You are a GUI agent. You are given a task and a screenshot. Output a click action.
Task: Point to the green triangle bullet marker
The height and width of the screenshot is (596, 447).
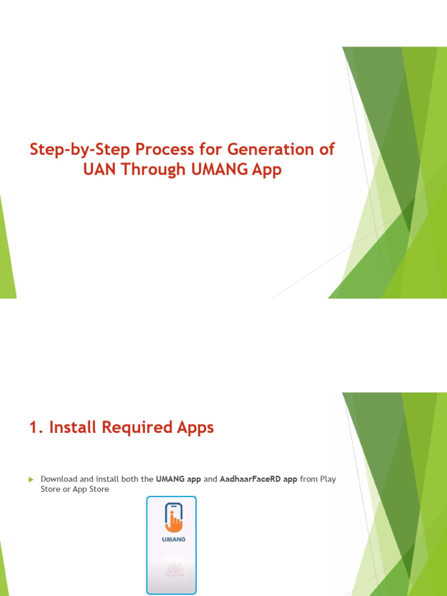tap(31, 479)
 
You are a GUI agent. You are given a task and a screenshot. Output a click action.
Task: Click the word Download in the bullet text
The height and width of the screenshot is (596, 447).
tap(59, 479)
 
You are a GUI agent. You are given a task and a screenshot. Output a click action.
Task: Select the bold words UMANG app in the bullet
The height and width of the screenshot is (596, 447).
tap(178, 479)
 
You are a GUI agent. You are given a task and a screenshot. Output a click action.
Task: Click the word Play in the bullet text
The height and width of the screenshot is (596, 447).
tap(328, 479)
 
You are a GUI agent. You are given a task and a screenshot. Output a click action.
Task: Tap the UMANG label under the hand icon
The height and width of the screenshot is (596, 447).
tap(173, 539)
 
